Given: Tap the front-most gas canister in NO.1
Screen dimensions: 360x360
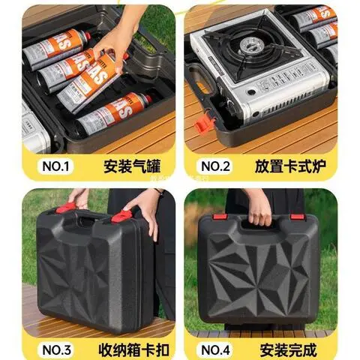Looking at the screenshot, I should [112, 115].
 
